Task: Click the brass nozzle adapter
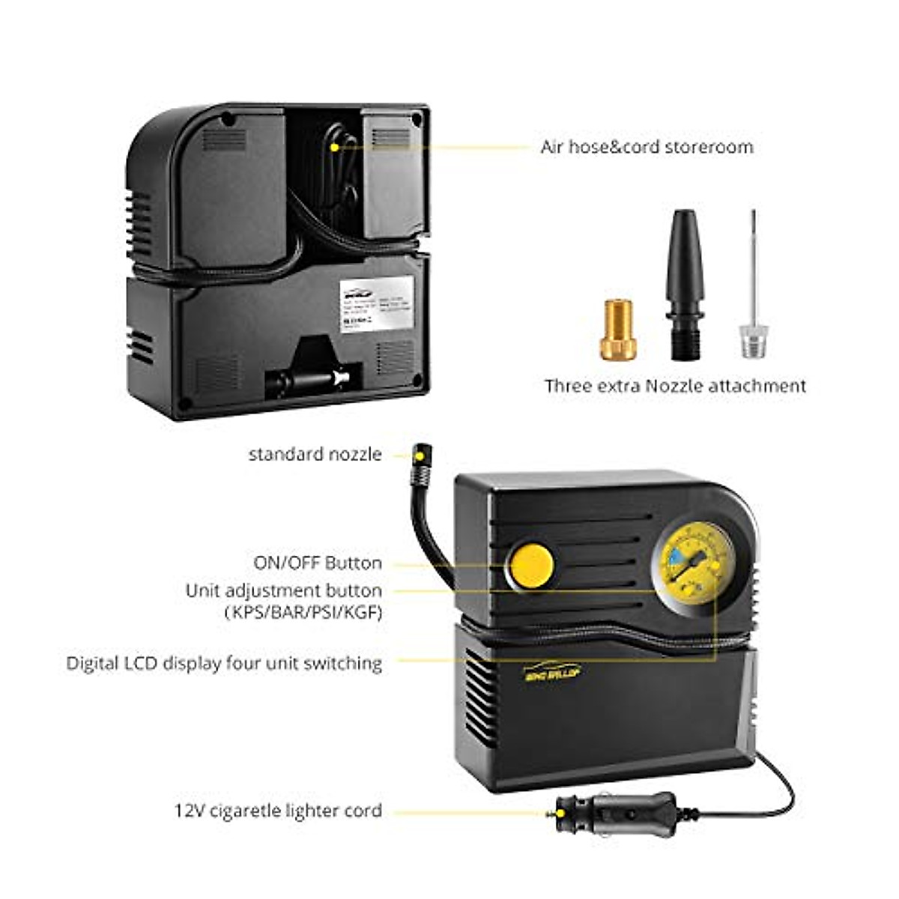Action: click(x=618, y=330)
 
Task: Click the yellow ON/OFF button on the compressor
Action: click(x=531, y=565)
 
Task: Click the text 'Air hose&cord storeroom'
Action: click(x=647, y=147)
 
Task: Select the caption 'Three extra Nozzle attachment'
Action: click(x=675, y=386)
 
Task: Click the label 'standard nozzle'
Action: click(x=315, y=454)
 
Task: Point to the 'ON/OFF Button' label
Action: click(x=317, y=563)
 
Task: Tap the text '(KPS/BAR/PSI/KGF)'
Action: click(x=303, y=612)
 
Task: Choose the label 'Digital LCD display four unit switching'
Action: click(x=224, y=663)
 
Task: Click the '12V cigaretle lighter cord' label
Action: click(x=278, y=811)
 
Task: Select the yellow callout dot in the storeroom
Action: click(x=334, y=148)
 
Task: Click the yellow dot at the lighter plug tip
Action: click(x=552, y=812)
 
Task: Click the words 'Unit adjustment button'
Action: click(x=283, y=590)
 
